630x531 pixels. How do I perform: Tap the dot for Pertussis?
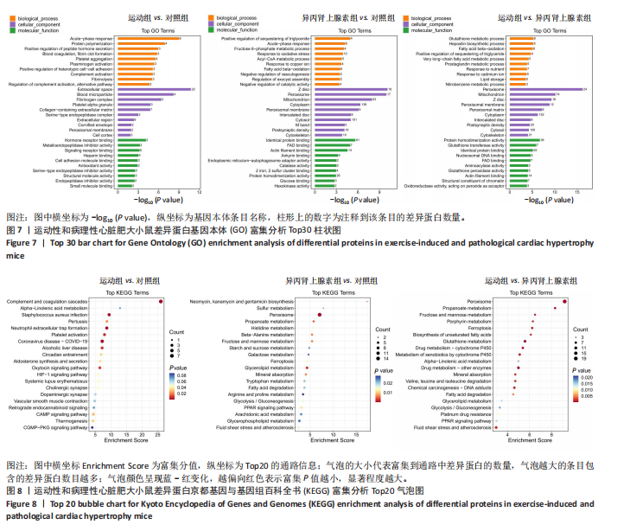106,322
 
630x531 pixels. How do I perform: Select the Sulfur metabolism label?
278,308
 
